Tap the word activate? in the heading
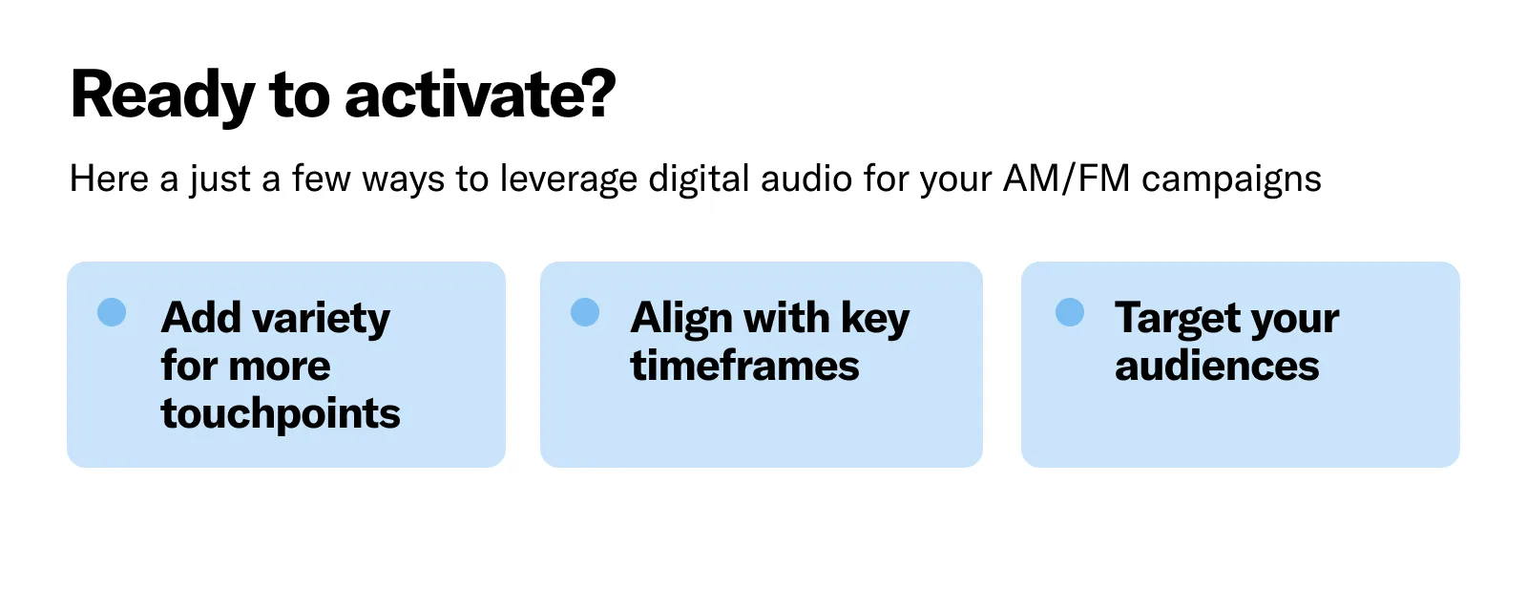pos(480,95)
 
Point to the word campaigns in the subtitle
pos(1231,179)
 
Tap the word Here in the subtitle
pos(109,179)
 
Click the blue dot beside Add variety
pos(112,312)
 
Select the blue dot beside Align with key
pos(585,312)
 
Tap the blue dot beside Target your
pos(1070,312)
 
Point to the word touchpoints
pos(281,414)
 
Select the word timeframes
pos(744,367)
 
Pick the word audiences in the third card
pos(1217,367)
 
